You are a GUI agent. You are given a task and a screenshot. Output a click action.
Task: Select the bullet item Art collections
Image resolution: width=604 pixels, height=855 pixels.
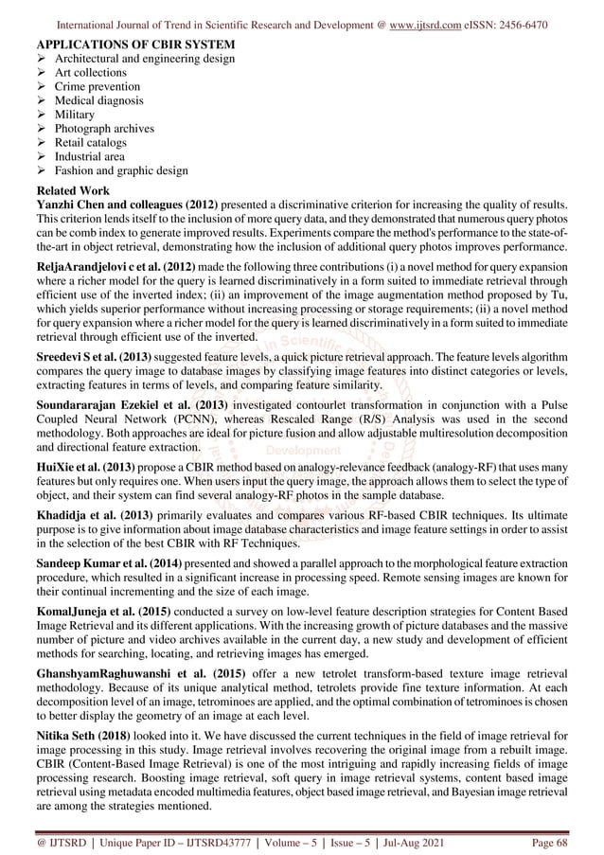pyautogui.click(x=91, y=72)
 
